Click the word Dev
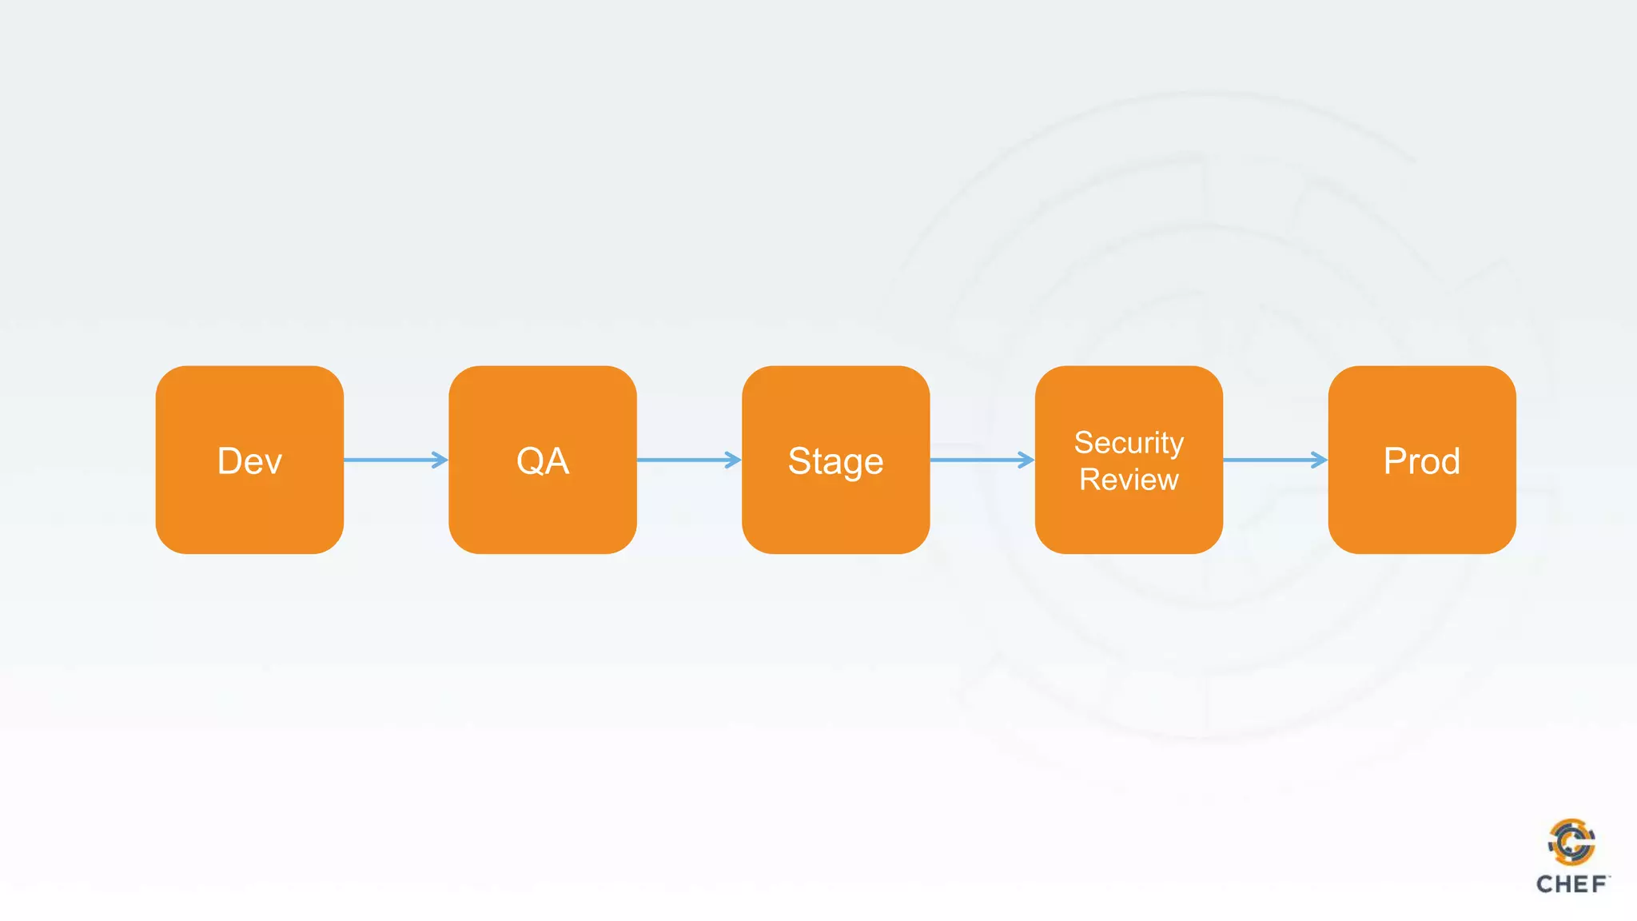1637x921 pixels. (x=249, y=461)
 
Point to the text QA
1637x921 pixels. (x=543, y=461)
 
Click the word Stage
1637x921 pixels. (x=835, y=462)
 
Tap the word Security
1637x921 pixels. (x=1129, y=443)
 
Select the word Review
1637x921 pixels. (x=1129, y=480)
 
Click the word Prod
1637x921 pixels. (x=1422, y=461)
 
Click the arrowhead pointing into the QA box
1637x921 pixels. (x=440, y=460)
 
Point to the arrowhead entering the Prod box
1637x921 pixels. (x=1320, y=460)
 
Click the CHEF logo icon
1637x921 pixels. (x=1571, y=842)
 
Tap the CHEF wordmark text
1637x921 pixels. (x=1571, y=884)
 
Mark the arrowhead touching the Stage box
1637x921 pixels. (x=733, y=460)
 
